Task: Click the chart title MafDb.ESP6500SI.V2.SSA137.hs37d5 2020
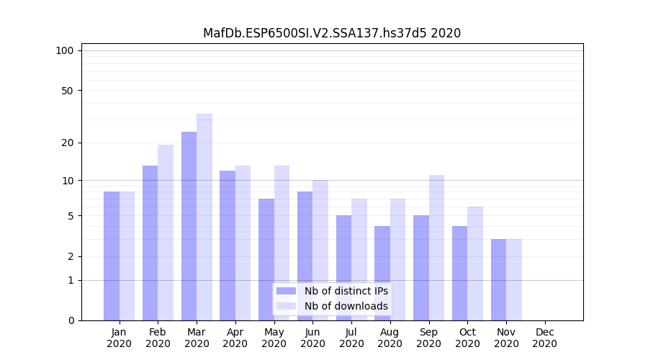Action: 331,33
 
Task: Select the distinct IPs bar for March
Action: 189,226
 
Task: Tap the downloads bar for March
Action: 204,217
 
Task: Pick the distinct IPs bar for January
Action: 112,256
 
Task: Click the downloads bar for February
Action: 166,233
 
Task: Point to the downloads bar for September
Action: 436,248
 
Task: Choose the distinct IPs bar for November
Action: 498,279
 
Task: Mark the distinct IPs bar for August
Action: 382,273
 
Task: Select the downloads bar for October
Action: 475,264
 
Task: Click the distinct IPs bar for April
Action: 228,246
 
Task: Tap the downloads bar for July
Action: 359,259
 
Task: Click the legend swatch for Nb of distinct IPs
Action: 286,291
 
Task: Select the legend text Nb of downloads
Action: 346,306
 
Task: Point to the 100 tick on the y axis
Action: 65,50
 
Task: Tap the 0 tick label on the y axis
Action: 71,320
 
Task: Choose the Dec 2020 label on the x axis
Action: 545,338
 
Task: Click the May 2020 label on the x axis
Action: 274,338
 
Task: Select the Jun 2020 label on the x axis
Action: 312,338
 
